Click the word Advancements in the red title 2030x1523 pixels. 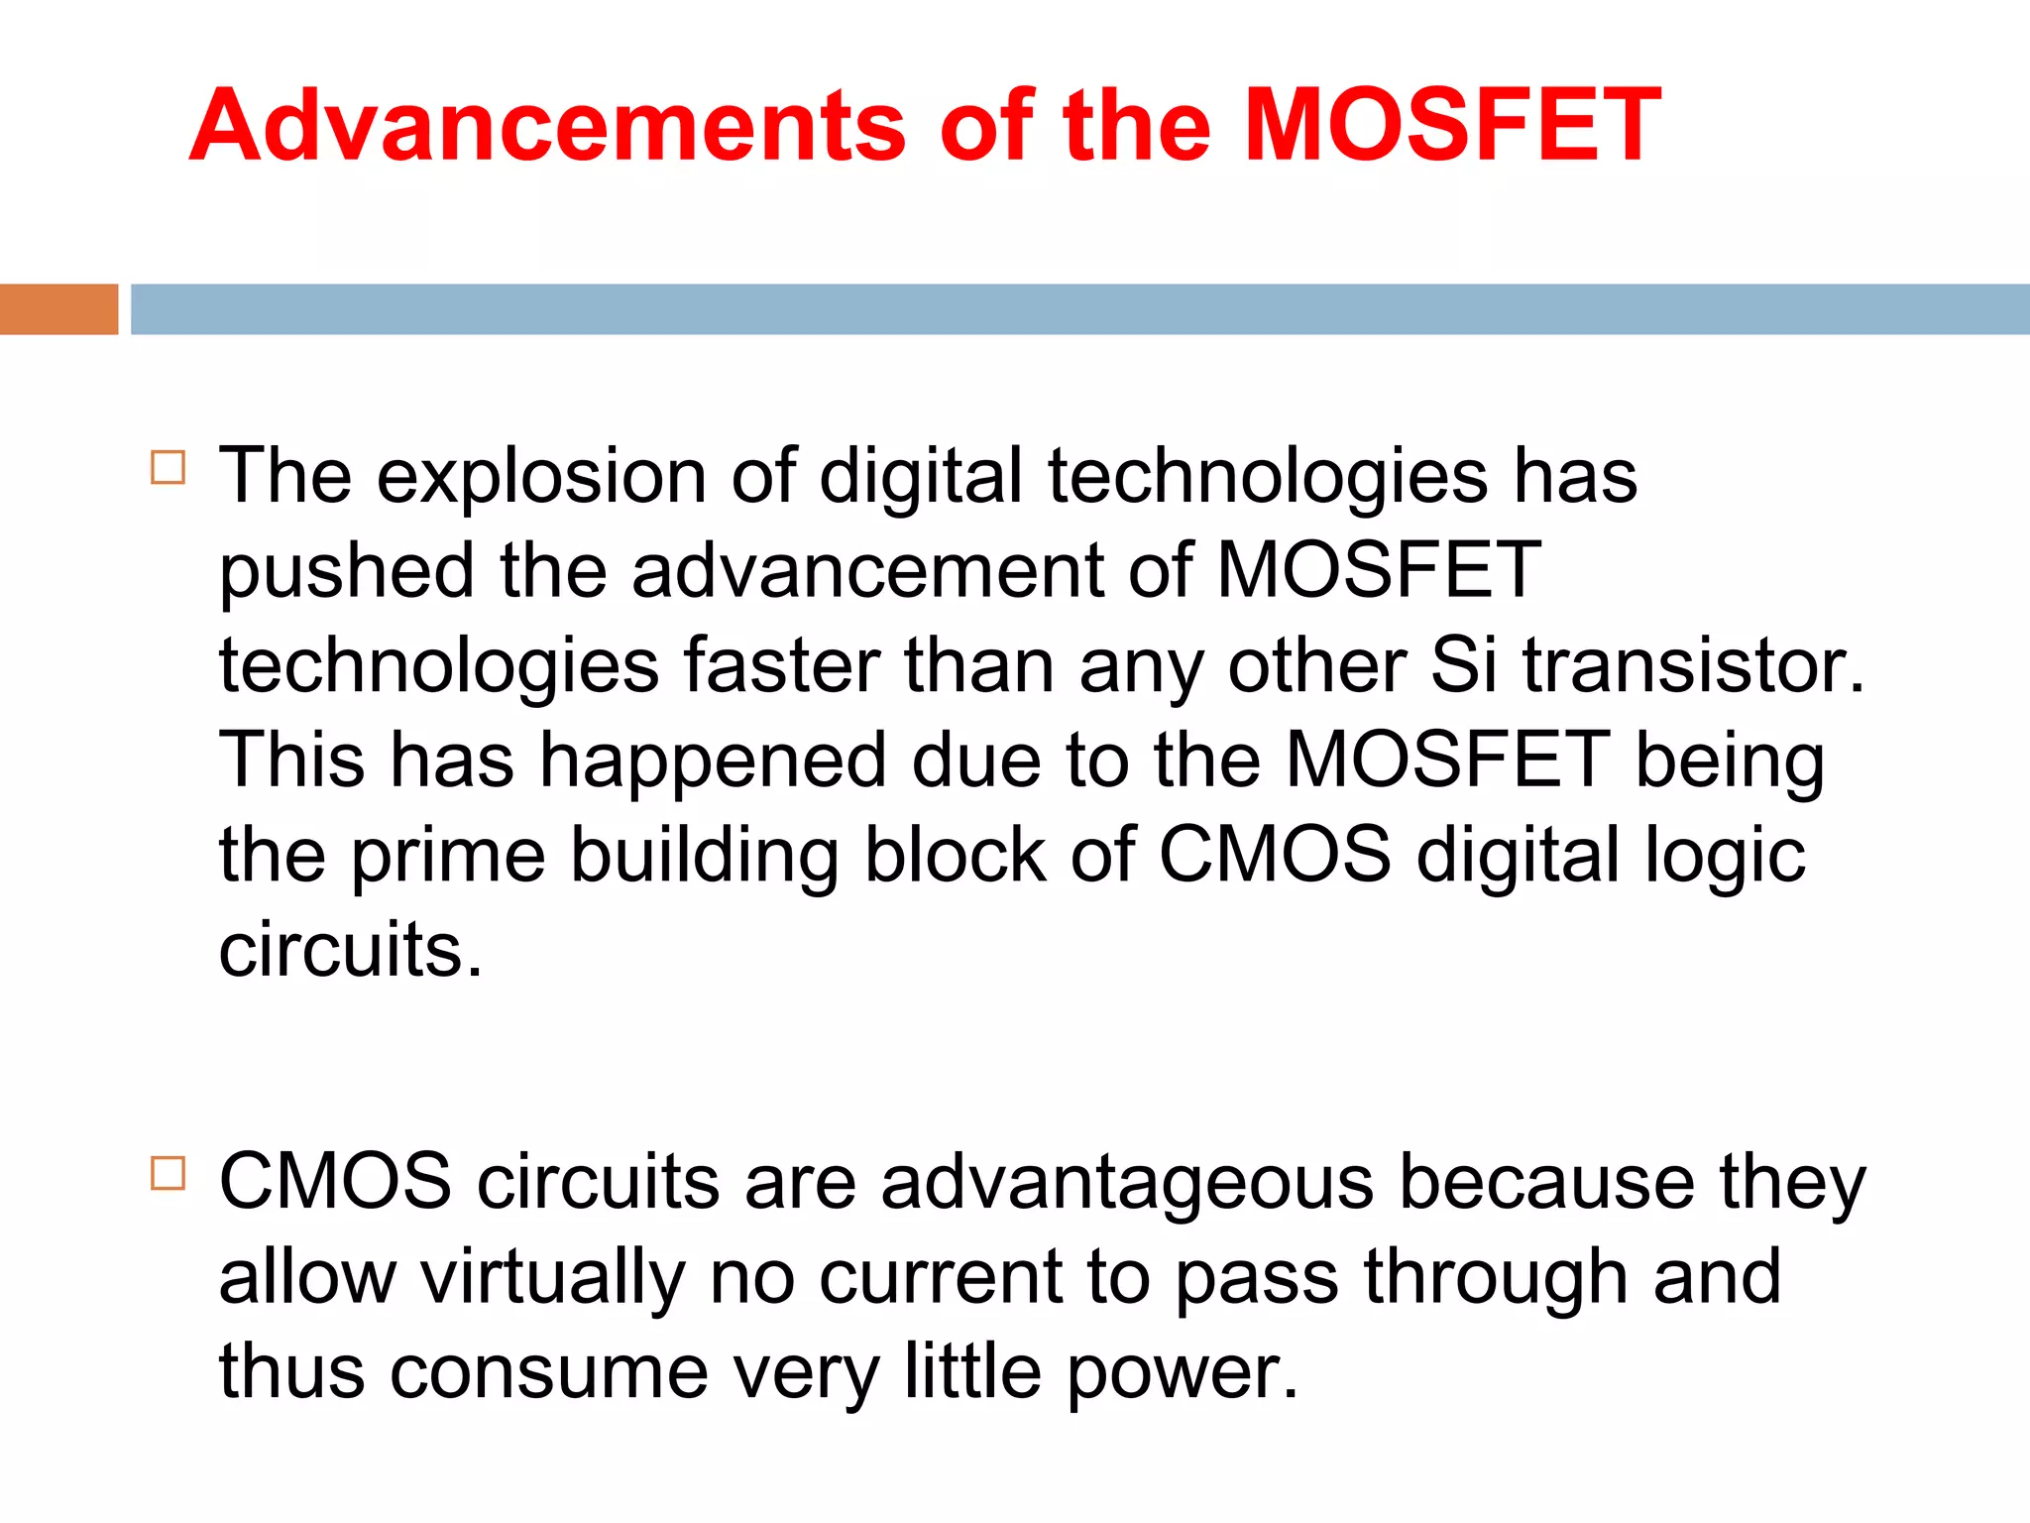[547, 126]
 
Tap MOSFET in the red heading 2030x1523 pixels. [1452, 126]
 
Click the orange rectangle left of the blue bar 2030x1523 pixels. [58, 309]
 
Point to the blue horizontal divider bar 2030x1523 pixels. [1079, 309]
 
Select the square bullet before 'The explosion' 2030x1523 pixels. [169, 467]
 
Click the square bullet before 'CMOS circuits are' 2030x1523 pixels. [169, 1173]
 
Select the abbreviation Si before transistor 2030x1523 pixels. [1463, 665]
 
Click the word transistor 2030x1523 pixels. [1694, 665]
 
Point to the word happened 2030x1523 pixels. [713, 761]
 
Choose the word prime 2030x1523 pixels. [448, 856]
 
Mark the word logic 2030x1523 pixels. [1725, 856]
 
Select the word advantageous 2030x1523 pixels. [1127, 1183]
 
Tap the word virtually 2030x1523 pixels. [553, 1278]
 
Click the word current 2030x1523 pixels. [941, 1278]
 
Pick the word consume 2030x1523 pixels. [549, 1373]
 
